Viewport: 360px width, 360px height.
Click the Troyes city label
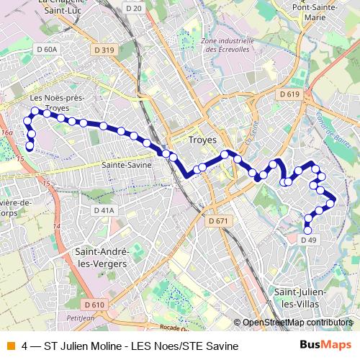coord(201,140)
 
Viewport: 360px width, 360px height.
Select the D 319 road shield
coord(104,50)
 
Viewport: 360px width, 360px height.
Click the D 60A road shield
coord(46,50)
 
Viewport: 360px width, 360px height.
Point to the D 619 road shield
coord(288,94)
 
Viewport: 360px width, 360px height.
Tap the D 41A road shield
coord(104,210)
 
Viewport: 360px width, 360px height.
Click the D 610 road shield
coord(94,305)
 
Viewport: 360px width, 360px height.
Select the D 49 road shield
coord(308,239)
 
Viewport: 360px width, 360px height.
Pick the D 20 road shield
coord(153,7)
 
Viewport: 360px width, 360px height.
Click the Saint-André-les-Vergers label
coord(101,258)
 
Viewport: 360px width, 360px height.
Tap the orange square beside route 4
coord(11,346)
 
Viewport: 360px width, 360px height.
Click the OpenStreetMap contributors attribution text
coord(297,323)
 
